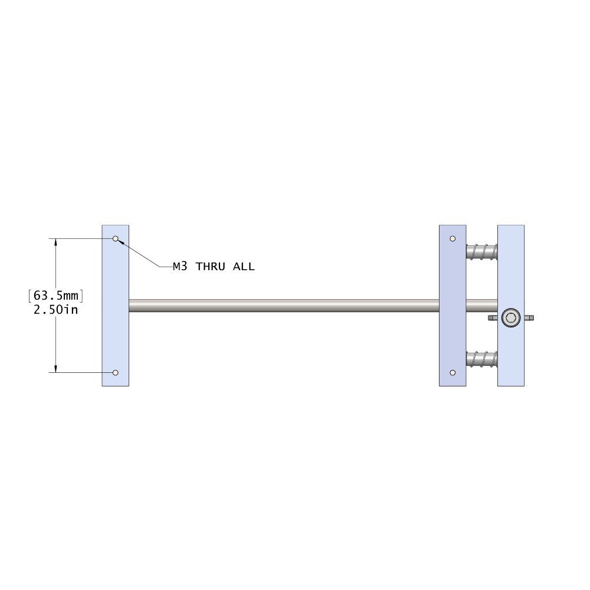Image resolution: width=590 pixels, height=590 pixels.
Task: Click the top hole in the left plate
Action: coord(116,239)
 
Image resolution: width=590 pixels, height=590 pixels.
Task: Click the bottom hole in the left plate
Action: coord(116,373)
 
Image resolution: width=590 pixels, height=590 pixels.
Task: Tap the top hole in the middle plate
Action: coord(453,239)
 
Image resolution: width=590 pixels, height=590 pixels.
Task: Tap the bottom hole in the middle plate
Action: coord(453,373)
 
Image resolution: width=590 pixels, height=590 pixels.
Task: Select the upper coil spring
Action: coord(481,252)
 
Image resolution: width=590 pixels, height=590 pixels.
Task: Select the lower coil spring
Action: coord(481,358)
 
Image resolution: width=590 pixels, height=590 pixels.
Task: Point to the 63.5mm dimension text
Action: coord(56,295)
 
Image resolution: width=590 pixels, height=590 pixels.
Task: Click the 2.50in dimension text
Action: coord(56,310)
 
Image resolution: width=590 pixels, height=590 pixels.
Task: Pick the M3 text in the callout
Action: coord(180,267)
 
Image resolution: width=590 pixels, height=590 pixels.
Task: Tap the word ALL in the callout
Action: coord(244,267)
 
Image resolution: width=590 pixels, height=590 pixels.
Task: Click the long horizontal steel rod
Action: coord(283,306)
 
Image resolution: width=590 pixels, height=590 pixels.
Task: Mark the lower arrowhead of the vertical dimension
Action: coord(56,369)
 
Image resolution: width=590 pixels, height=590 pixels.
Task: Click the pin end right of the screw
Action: coord(529,318)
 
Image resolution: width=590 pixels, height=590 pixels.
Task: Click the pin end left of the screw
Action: coord(493,318)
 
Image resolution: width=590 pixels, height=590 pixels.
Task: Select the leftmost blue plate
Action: coord(116,330)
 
